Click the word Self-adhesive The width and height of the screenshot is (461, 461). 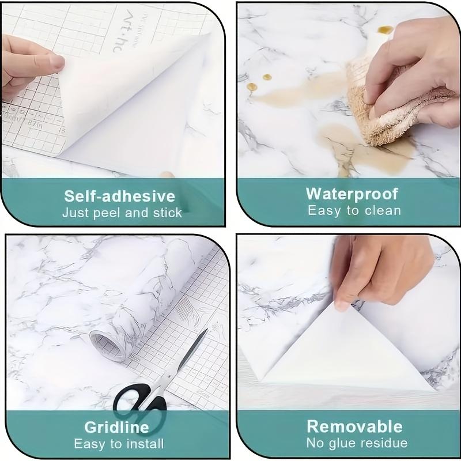pos(119,195)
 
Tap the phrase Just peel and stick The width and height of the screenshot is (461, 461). pos(122,213)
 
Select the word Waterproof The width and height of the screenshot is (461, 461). pos(352,194)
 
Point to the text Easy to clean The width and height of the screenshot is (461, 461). pos(354,211)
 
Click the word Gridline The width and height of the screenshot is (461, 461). pos(116,427)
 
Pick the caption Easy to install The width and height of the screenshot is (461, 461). pos(119,444)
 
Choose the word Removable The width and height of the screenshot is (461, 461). pos(354,426)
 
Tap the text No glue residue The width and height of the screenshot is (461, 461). pos(357,443)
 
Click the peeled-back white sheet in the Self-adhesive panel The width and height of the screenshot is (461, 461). pos(133,109)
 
